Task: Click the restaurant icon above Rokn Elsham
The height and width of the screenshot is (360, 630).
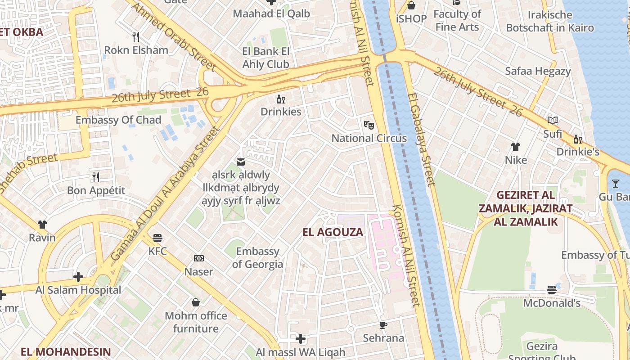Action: point(135,36)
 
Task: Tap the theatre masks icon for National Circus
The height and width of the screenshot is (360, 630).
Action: point(369,125)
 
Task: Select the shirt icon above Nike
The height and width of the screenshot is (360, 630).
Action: point(516,146)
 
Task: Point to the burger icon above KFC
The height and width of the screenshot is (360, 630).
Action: point(157,237)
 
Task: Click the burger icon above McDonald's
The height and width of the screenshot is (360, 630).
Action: point(552,289)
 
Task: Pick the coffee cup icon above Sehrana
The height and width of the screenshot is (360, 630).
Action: point(383,324)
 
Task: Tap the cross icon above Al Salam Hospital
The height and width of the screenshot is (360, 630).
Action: point(78,276)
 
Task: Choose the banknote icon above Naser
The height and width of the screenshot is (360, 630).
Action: point(198,258)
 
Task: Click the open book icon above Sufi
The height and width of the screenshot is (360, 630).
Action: point(553,120)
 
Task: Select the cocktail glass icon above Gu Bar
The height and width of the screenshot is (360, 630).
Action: point(615,183)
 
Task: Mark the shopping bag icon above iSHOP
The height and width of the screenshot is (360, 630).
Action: point(411,5)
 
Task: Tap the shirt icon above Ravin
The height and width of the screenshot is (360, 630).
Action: point(42,224)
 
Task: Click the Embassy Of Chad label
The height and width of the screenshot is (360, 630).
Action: point(118,120)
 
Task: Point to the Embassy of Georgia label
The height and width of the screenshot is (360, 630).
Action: point(258,257)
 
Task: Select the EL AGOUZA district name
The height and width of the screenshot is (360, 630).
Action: point(333,232)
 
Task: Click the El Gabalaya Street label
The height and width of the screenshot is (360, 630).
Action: point(421,139)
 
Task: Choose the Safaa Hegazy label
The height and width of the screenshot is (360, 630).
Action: point(538,71)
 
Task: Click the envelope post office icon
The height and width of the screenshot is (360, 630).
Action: point(241,162)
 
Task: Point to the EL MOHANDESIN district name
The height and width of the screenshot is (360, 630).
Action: point(66,351)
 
